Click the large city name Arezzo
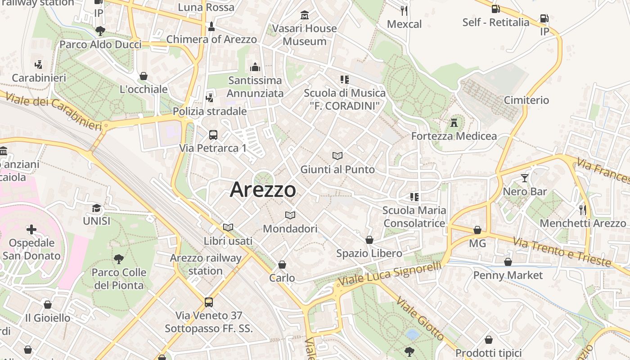point(263,190)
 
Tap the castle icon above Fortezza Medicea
point(454,122)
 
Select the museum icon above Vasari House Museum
point(305,15)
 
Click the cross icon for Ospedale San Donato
point(31,230)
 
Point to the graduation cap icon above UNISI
point(96,208)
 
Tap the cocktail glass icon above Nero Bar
point(524,178)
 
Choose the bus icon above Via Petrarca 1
point(213,135)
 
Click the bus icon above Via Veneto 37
point(209,302)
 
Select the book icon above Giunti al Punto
point(337,156)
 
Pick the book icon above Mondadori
point(290,215)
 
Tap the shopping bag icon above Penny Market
point(508,262)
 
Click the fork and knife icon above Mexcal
point(404,10)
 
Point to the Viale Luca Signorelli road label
point(389,274)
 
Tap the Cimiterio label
point(526,100)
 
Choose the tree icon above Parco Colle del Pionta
point(119,259)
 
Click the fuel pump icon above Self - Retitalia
point(495,9)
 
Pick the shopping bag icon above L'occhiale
point(144,76)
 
